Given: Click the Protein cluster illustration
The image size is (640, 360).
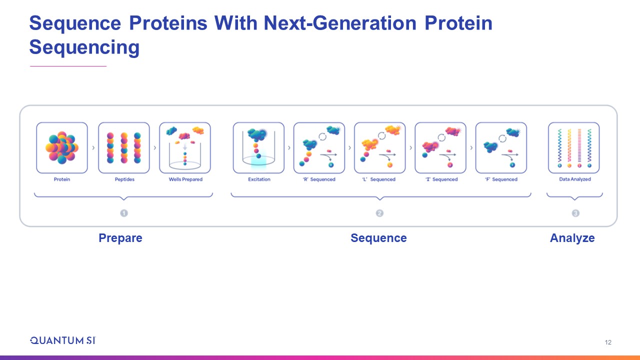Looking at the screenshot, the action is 62,147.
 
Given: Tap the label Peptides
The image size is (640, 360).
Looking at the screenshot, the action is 124,179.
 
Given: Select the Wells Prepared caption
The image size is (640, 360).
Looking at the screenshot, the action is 185,179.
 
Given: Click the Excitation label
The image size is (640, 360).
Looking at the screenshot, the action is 259,179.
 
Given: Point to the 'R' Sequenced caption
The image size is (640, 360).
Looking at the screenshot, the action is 319,179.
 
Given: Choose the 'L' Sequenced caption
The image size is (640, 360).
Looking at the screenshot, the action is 379,179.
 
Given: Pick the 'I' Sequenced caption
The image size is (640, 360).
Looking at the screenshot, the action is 441,179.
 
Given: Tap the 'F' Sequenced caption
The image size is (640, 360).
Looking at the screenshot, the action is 501,179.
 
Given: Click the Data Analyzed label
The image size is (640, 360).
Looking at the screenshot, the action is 575,179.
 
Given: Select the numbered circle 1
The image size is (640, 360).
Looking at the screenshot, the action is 124,213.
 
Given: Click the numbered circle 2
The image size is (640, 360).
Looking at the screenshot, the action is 379,213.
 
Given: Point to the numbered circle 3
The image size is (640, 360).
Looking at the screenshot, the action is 575,213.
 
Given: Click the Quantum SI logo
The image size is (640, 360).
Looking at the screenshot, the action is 63,340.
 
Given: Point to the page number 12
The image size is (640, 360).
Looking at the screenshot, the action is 608,342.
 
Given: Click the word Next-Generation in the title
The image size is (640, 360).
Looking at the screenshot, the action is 340,23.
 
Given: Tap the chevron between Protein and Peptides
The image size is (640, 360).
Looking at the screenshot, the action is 93,147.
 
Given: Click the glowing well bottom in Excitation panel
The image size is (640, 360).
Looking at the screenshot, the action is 258,160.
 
